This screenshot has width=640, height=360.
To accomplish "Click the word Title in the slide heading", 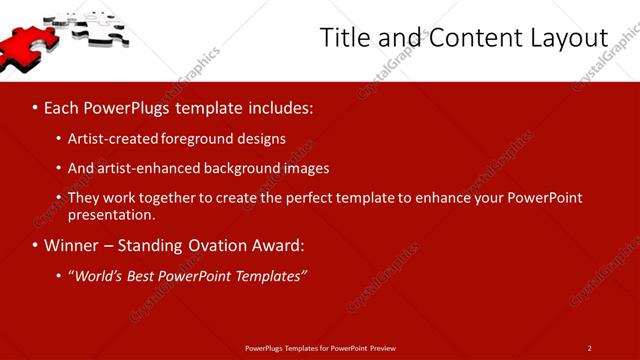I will (343, 37).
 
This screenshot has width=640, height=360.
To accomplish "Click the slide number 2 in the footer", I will (589, 348).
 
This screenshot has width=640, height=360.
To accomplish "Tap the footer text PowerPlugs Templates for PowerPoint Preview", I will (320, 348).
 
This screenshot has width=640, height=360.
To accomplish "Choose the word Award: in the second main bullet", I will (276, 245).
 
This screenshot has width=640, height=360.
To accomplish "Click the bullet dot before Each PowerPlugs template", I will (34, 106).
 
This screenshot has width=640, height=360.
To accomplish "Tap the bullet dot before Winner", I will (34, 245).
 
